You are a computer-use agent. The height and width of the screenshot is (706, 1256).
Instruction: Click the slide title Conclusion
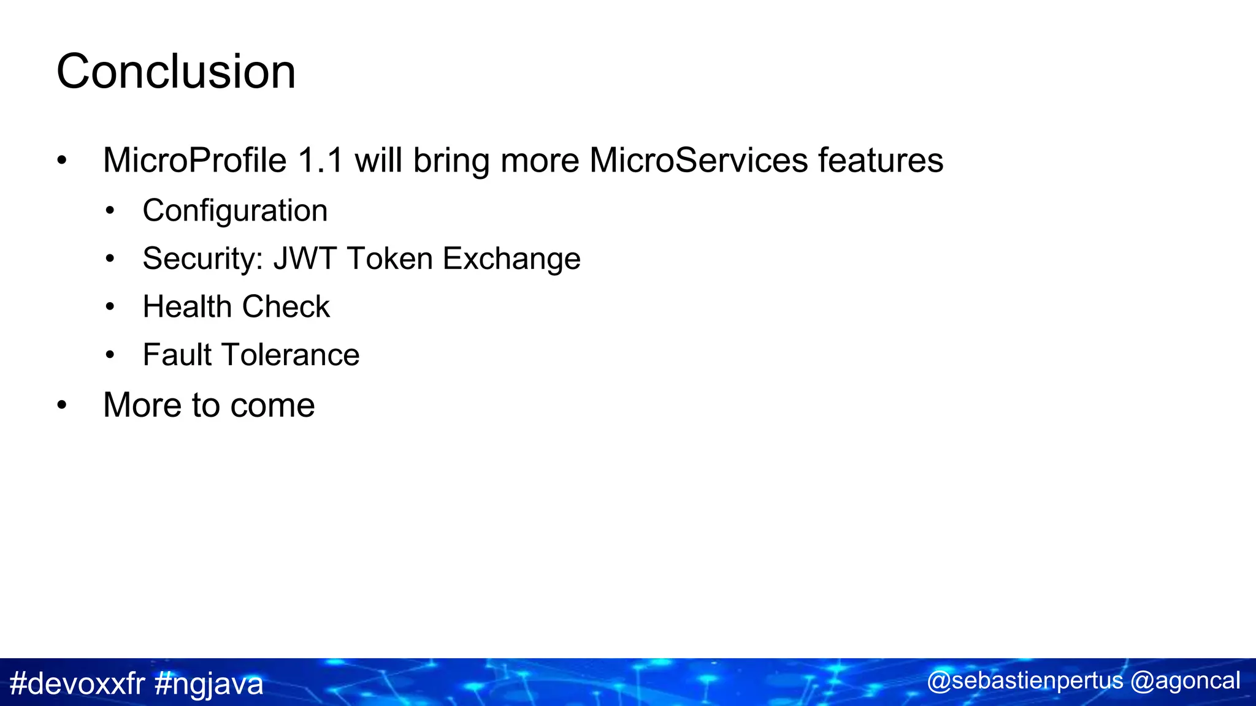tap(176, 72)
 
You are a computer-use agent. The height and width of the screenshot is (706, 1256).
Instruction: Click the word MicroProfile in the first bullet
tap(194, 161)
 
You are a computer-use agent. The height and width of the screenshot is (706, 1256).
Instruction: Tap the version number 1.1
tap(320, 161)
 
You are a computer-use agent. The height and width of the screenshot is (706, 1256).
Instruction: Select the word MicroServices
tap(699, 161)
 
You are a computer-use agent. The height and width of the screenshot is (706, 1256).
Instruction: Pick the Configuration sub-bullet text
tap(235, 211)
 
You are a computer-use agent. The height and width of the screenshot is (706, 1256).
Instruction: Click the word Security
tap(202, 259)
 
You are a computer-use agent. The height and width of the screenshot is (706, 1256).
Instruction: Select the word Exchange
tap(511, 259)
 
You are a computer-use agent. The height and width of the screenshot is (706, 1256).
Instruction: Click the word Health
tap(186, 306)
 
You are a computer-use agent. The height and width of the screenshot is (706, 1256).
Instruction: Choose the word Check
tap(286, 306)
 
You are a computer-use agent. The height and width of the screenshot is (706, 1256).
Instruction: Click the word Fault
tap(177, 355)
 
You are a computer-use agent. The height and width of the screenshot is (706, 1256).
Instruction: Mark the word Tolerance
tap(290, 355)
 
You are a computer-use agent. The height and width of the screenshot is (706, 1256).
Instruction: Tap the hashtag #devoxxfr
tap(77, 683)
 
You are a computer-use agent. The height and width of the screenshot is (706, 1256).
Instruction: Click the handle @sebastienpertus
tap(1025, 681)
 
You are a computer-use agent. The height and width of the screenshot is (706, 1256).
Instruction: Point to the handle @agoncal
tap(1185, 681)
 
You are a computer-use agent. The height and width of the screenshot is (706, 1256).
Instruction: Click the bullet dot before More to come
tap(61, 406)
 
